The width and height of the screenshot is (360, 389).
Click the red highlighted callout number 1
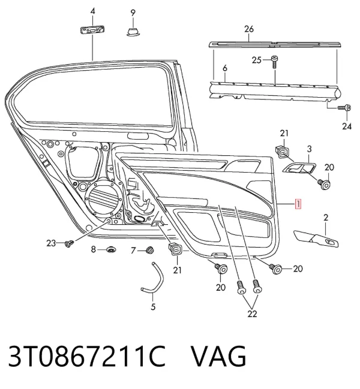pos(298,204)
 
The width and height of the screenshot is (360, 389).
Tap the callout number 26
pos(249,29)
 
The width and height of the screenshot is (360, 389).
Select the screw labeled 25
pos(274,62)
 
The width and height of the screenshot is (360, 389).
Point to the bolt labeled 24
pos(344,108)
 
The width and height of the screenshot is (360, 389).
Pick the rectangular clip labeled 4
pos(92,30)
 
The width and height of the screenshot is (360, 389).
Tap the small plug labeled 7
pos(149,250)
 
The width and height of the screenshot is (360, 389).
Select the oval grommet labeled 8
pos(111,249)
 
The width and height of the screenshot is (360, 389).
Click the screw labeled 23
pos(69,243)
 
